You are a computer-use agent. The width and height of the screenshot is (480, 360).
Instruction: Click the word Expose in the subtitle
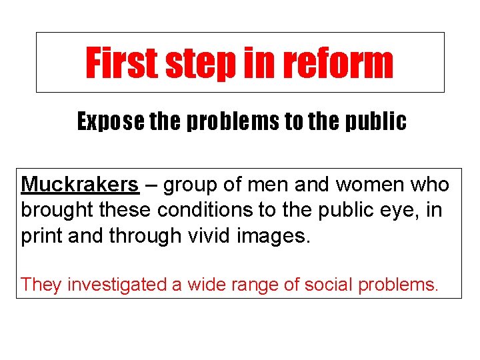(107, 121)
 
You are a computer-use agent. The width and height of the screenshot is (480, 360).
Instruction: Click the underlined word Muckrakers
(80, 185)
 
